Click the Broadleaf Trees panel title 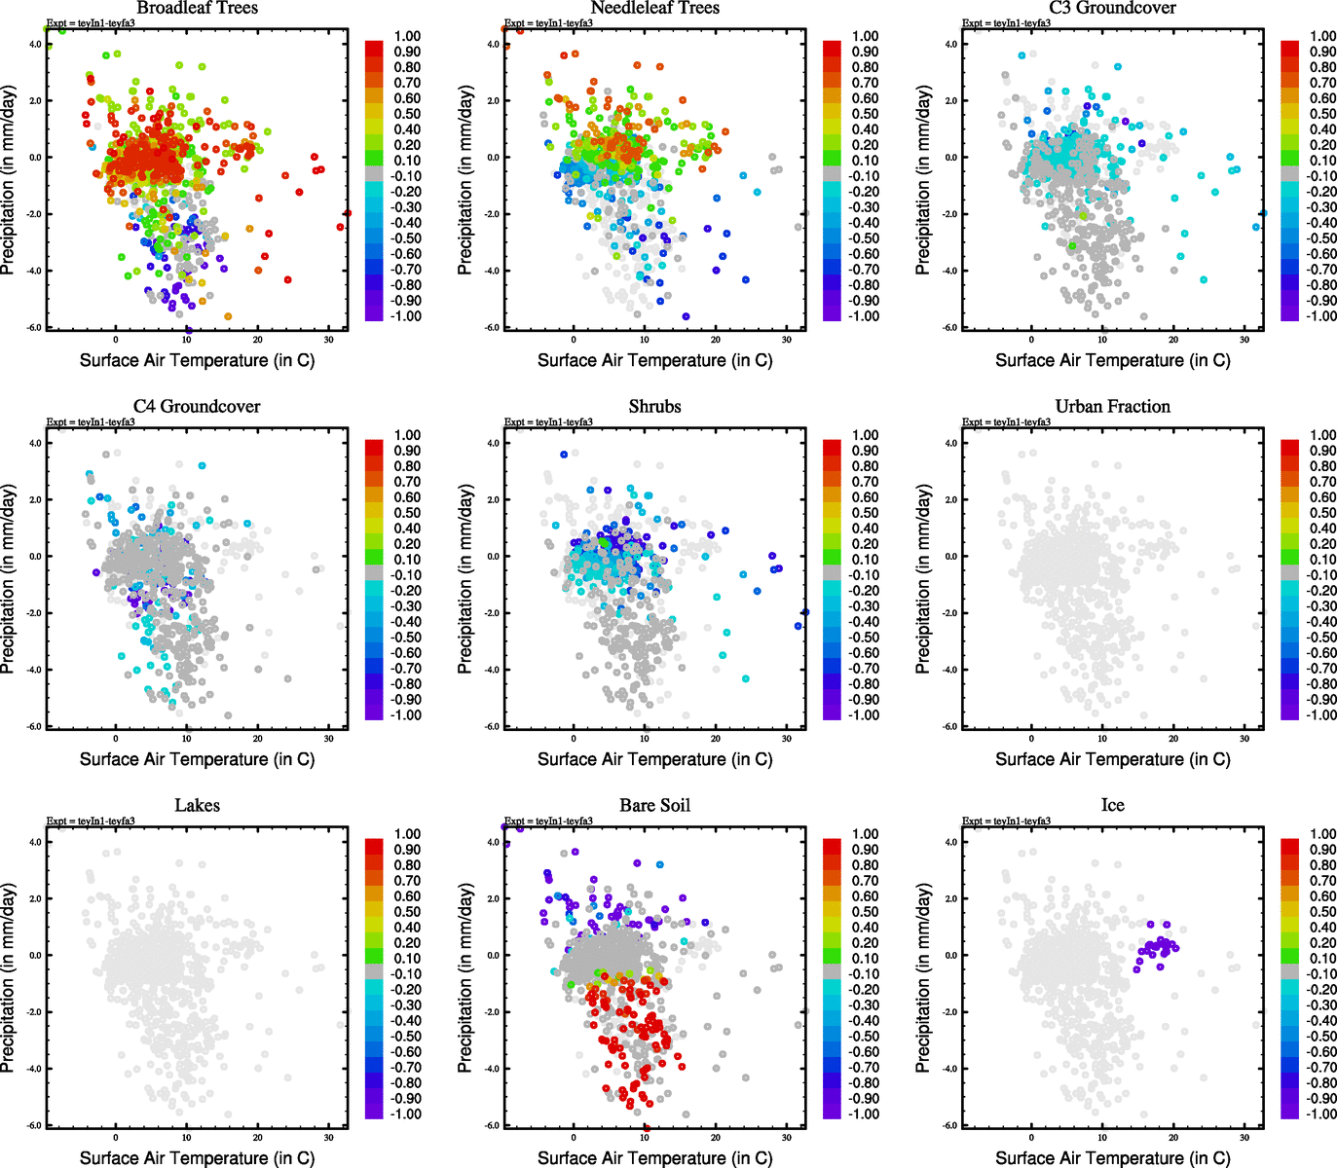(197, 8)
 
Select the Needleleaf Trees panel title (654, 8)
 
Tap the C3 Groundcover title (1112, 8)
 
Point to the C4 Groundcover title (197, 406)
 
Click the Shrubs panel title (654, 406)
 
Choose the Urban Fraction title (1112, 406)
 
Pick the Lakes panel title (197, 805)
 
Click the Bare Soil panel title (654, 805)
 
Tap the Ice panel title (1112, 805)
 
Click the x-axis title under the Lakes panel (197, 1157)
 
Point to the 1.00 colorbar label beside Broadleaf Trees (407, 36)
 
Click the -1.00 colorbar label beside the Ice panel (1321, 1113)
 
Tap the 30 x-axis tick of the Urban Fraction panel (1244, 739)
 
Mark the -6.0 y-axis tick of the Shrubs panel (493, 726)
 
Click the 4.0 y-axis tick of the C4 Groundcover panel (35, 443)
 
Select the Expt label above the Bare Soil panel (548, 821)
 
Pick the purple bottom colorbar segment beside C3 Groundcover (1289, 313)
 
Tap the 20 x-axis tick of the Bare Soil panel (716, 1137)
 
